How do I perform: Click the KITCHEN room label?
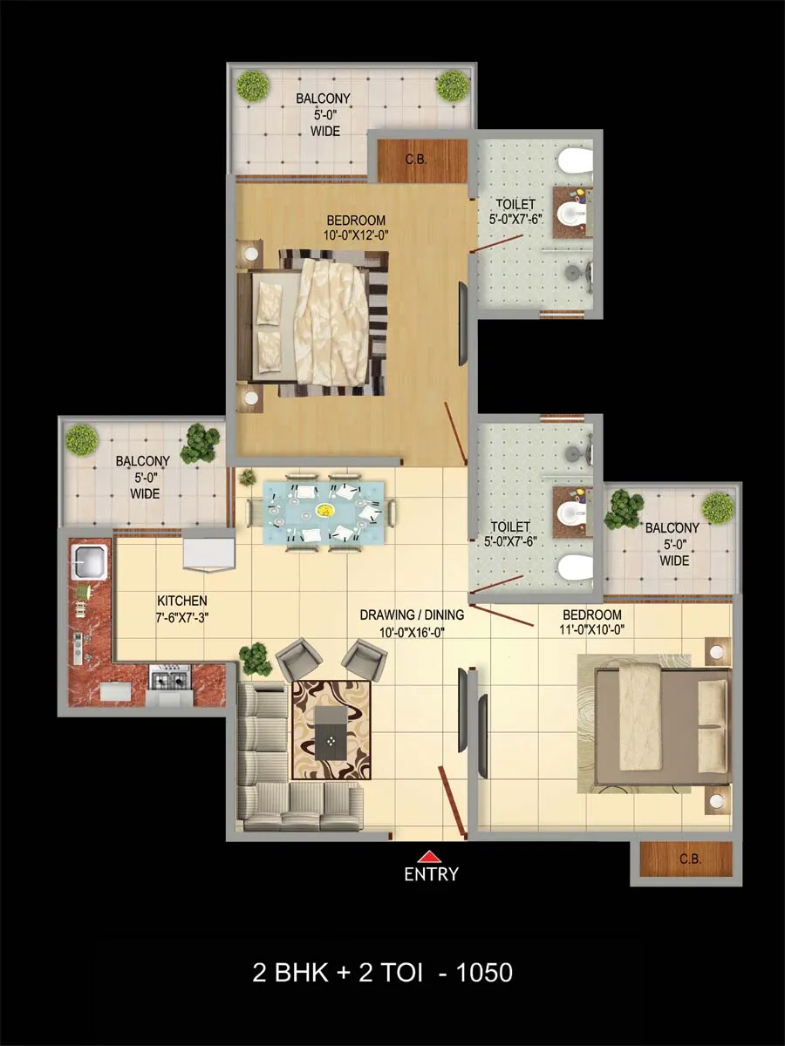[182, 601]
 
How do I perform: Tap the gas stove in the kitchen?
[170, 678]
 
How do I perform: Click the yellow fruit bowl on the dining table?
[324, 511]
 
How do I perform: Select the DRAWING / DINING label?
[412, 615]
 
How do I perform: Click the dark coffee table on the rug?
[331, 733]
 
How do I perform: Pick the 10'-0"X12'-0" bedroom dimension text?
[357, 235]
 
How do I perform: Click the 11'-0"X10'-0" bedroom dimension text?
[591, 630]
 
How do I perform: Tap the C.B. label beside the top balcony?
[416, 160]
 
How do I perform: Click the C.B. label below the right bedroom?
[690, 859]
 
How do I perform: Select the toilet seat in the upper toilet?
[576, 163]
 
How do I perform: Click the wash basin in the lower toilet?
[572, 513]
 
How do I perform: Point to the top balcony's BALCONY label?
[323, 98]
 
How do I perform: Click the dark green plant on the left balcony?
[201, 442]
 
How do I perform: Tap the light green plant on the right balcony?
[718, 507]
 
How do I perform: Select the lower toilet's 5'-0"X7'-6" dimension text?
[510, 542]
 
